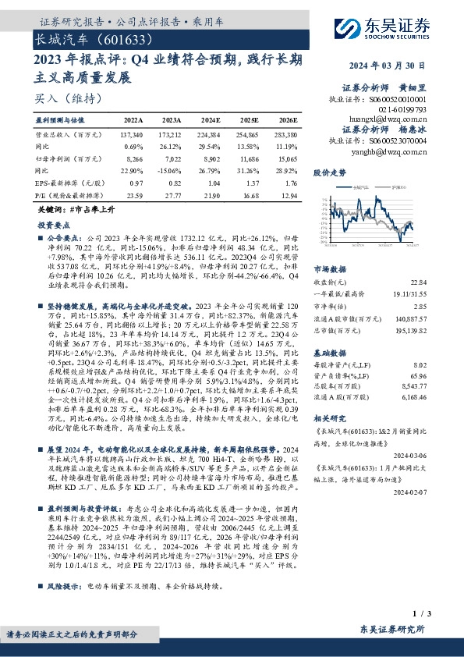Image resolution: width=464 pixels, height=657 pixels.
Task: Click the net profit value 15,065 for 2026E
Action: point(286,158)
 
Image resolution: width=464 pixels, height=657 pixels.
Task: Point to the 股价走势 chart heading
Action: point(328,172)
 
